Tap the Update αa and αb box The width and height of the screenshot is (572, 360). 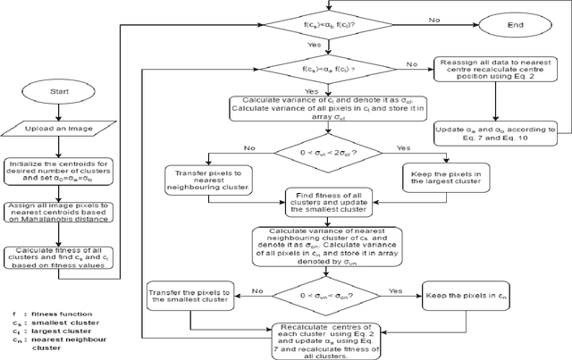pos(495,133)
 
